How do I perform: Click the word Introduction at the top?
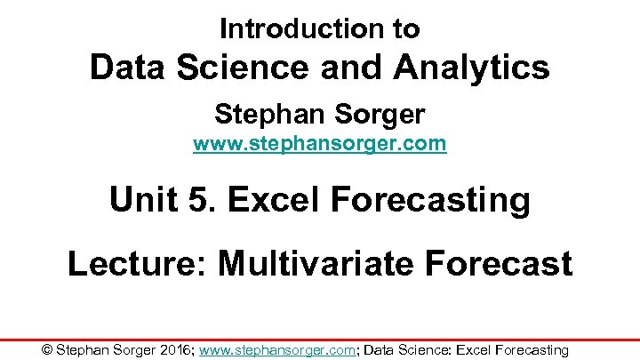294,28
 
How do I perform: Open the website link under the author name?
319,143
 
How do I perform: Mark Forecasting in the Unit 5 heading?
429,200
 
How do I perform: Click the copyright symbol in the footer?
47,350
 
